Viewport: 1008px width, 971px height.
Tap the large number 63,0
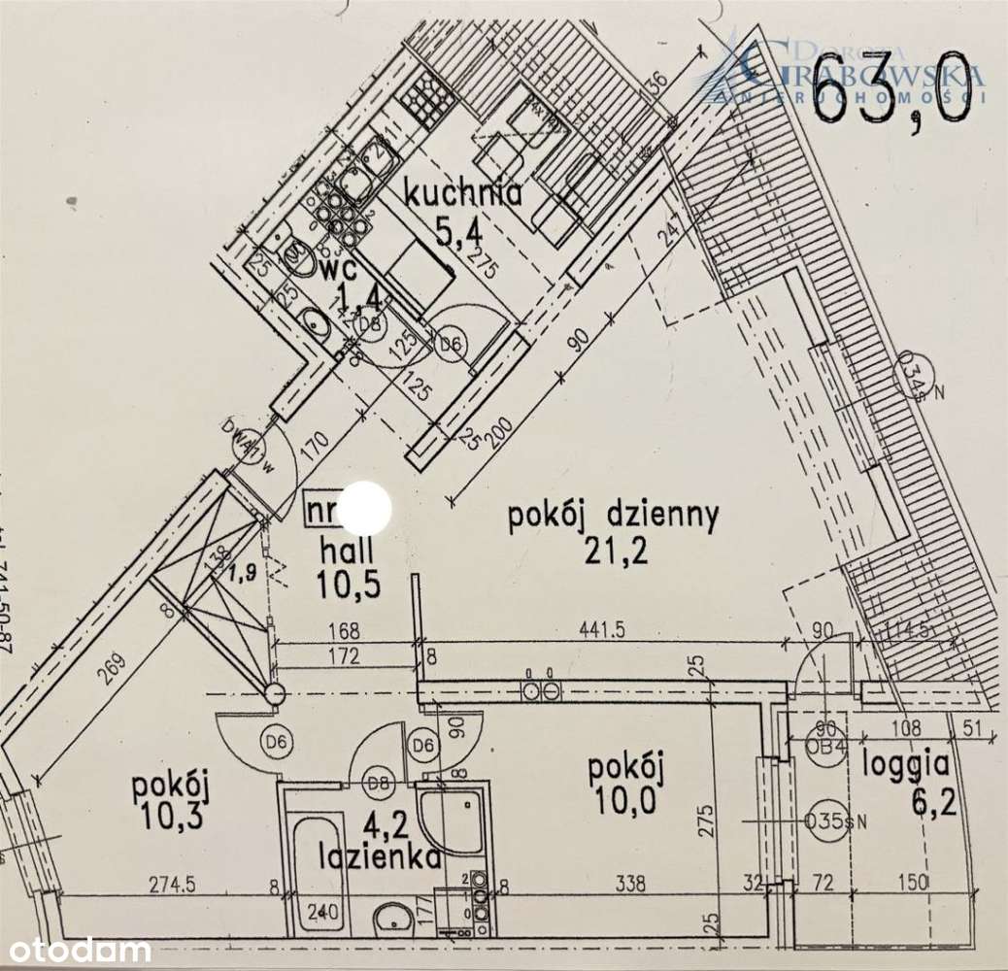pos(890,89)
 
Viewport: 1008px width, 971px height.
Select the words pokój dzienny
pos(613,516)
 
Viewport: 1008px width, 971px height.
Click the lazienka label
pos(381,857)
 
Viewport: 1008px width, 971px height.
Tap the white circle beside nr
pos(367,507)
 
